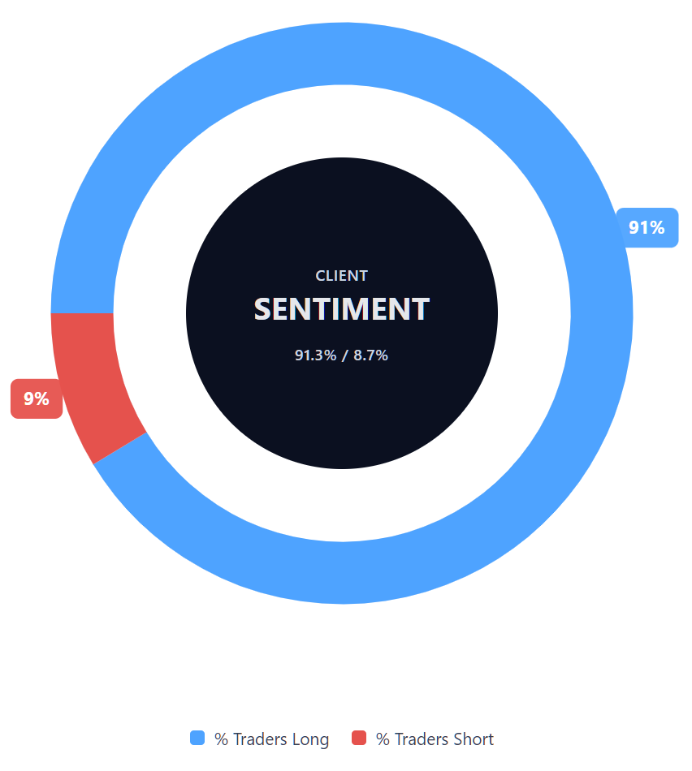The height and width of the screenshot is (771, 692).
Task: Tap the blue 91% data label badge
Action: [647, 228]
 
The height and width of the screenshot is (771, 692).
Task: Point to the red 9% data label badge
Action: [36, 399]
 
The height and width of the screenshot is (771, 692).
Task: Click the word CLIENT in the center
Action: [341, 276]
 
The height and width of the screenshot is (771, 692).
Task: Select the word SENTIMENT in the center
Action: [341, 309]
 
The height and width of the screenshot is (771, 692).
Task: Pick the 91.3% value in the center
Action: [315, 355]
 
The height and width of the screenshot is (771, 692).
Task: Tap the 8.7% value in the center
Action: [370, 355]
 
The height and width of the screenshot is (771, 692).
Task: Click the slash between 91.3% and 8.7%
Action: [344, 355]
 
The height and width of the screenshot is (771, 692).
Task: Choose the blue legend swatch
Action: [197, 738]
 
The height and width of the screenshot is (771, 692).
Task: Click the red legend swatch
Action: [359, 738]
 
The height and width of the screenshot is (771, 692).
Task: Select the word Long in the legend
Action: [310, 739]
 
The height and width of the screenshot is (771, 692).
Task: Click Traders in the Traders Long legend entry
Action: [260, 739]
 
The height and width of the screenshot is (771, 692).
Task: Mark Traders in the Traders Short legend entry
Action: [422, 739]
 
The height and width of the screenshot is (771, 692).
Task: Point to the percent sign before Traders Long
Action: [220, 739]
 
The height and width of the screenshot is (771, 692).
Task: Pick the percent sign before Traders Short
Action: [382, 739]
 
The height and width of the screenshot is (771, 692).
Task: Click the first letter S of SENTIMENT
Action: [263, 309]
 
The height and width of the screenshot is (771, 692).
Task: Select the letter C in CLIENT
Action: [320, 276]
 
